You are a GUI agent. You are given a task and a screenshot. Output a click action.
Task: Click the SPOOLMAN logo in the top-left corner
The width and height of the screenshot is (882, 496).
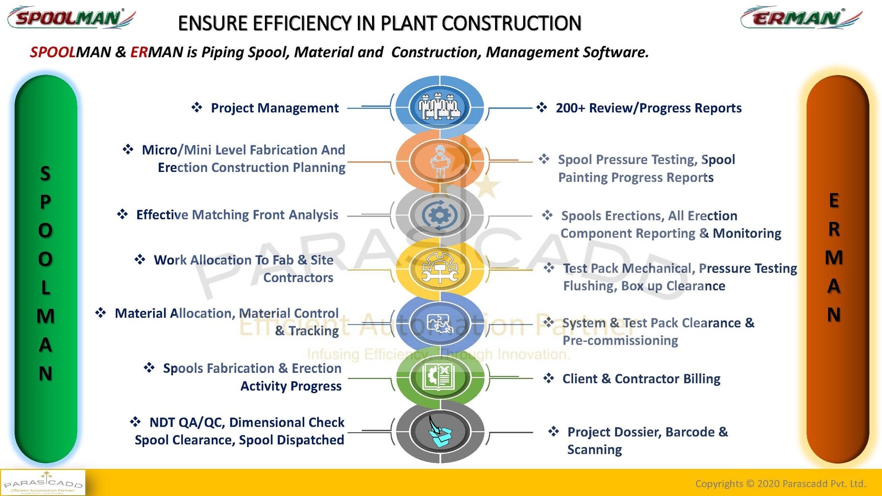click(x=70, y=18)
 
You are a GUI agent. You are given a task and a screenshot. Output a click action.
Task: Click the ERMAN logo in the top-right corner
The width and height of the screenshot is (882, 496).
click(x=800, y=18)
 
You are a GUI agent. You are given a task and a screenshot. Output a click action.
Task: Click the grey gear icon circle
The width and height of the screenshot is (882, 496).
click(x=439, y=215)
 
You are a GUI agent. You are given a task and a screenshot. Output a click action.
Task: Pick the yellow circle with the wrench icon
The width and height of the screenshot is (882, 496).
click(x=439, y=269)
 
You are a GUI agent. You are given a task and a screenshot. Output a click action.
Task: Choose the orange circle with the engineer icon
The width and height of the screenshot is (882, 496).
click(x=439, y=161)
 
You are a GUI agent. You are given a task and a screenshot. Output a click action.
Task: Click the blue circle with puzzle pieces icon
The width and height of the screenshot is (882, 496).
click(x=439, y=323)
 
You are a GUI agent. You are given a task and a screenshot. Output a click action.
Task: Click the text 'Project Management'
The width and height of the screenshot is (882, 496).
click(x=275, y=108)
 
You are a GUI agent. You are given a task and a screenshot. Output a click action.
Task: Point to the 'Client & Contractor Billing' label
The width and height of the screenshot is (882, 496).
click(x=641, y=379)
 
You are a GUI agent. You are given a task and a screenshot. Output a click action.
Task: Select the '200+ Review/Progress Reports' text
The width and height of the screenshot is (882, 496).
click(x=648, y=108)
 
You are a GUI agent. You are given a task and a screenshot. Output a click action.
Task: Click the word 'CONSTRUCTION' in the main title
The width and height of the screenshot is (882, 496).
click(x=511, y=23)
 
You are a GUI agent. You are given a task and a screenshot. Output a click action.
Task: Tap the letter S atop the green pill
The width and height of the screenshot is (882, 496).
click(x=45, y=173)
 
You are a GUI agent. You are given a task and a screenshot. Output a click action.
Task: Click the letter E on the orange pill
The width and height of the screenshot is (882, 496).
click(x=834, y=201)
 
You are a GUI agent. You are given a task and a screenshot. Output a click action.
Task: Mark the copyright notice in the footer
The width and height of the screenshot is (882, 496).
click(x=780, y=483)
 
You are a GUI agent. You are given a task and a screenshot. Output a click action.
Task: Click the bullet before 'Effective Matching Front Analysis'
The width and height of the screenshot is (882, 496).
click(x=122, y=214)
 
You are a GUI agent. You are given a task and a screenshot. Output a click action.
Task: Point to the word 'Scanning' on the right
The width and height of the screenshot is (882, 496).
click(x=595, y=450)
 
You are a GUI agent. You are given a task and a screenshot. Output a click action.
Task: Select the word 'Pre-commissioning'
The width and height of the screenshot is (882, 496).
click(x=620, y=340)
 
